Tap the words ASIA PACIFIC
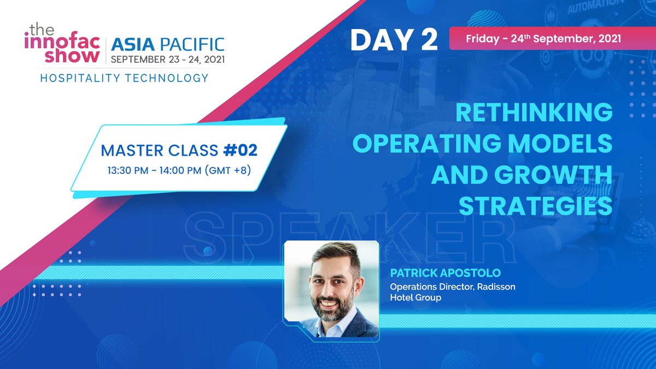click(x=167, y=44)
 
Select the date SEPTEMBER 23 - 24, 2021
click(x=167, y=58)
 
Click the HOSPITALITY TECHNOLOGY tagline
click(x=124, y=78)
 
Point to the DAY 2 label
click(x=394, y=40)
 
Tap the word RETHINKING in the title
click(x=534, y=113)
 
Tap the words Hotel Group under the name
click(x=415, y=298)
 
